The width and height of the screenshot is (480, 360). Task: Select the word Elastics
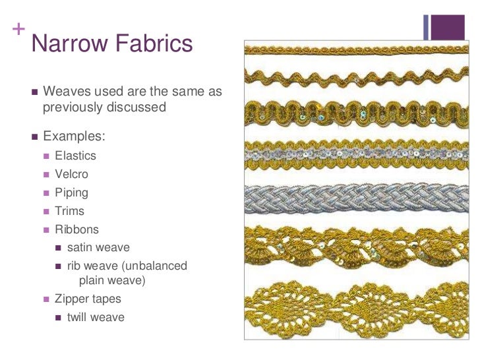point(75,156)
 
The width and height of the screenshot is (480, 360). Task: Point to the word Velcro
point(71,175)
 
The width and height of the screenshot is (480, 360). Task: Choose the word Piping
point(71,193)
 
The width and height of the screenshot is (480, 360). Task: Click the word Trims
point(69,212)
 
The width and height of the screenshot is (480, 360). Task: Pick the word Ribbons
point(76,230)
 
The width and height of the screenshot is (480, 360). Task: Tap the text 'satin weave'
point(98,248)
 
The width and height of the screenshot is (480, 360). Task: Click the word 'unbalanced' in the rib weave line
point(156,266)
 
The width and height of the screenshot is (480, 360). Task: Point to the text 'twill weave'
point(96,317)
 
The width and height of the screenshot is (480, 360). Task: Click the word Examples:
point(73,137)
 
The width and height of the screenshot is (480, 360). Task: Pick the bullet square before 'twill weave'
point(59,318)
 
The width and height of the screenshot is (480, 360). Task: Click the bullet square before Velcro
point(46,175)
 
